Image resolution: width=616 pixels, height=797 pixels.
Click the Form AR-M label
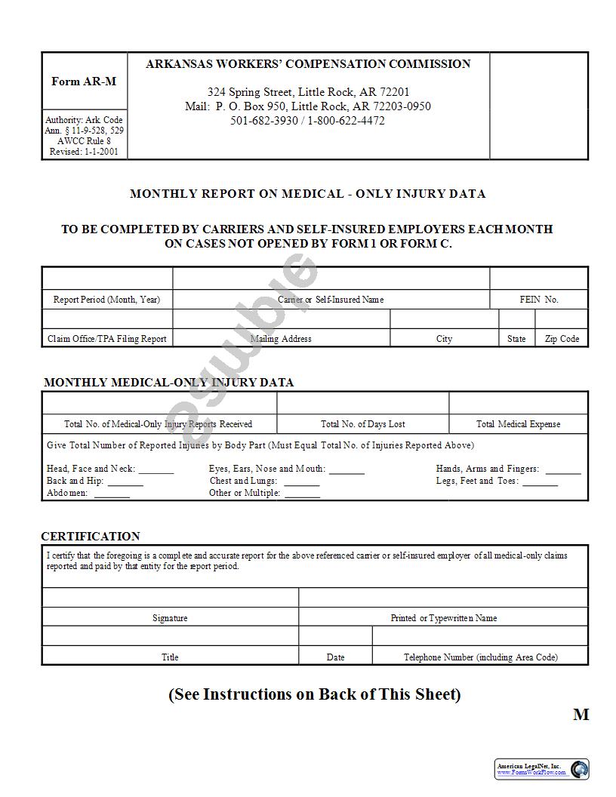tap(84, 82)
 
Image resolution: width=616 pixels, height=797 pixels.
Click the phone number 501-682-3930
tap(264, 121)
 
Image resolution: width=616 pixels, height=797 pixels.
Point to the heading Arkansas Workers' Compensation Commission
tap(308, 64)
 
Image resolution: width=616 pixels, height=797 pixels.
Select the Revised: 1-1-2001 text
tap(84, 152)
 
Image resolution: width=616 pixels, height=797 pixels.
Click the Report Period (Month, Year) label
tap(106, 300)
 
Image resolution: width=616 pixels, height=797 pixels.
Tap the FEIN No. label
tap(539, 300)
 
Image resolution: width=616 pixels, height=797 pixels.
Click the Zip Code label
tap(562, 339)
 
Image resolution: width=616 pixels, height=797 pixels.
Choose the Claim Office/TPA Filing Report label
tap(106, 339)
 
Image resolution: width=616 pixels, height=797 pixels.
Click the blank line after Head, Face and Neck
tap(156, 471)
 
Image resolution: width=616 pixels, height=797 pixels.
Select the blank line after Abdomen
tap(112, 495)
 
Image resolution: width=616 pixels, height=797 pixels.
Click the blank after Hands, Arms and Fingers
tap(563, 471)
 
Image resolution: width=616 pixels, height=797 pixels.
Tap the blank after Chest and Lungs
tap(302, 483)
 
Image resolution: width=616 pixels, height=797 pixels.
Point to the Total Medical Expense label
tap(518, 424)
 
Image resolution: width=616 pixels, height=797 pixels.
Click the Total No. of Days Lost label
tap(362, 424)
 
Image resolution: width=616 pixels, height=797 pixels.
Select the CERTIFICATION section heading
tap(91, 537)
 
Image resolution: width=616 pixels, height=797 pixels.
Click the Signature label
tap(170, 618)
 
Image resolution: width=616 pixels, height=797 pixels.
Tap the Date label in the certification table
tap(335, 657)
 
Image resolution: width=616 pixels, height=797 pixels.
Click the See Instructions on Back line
tap(314, 694)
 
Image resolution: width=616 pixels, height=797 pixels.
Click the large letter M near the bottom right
tap(581, 715)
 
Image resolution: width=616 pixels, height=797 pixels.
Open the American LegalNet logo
tap(541, 769)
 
